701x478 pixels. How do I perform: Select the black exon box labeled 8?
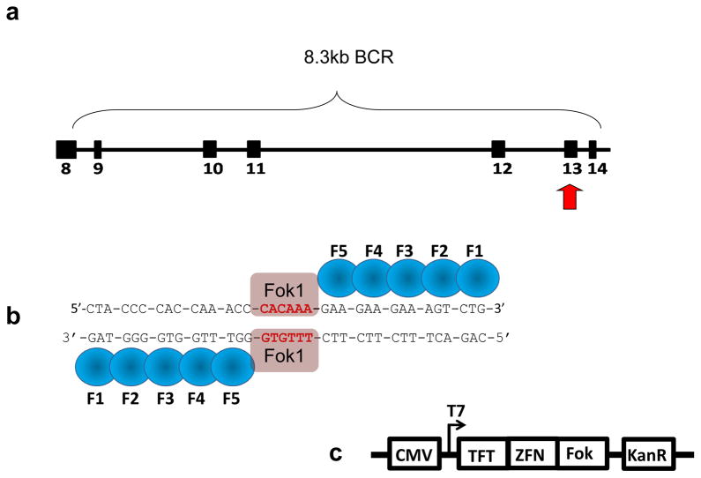65,148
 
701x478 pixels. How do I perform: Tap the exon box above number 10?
210,148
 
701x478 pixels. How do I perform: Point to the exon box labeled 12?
498,148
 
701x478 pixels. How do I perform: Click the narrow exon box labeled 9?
98,148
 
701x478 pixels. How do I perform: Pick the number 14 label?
597,169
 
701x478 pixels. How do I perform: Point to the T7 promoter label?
455,411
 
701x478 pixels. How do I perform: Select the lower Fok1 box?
284,355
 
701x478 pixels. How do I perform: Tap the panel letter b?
14,315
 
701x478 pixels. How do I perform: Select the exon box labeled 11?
254,148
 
